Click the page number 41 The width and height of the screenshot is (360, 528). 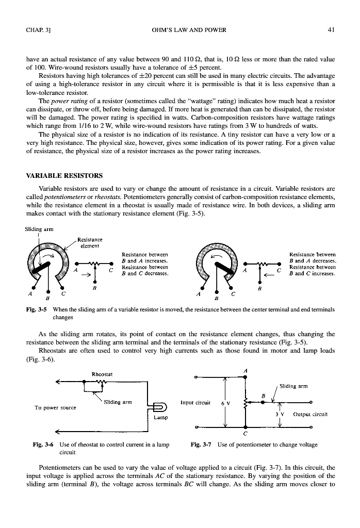pyautogui.click(x=332, y=30)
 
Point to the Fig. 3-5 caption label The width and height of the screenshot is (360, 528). pyautogui.click(x=34, y=309)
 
